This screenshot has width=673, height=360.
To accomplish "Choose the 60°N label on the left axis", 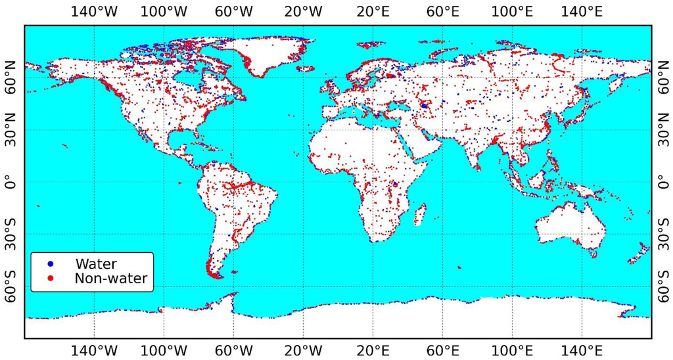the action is click(11, 78).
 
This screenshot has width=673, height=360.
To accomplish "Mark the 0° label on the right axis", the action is click(662, 182).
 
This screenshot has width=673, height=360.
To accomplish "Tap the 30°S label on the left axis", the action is click(11, 235).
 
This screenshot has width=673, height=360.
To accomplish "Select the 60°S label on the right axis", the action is click(662, 286).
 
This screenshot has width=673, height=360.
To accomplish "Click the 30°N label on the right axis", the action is click(662, 130).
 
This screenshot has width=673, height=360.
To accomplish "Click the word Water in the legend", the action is click(96, 264).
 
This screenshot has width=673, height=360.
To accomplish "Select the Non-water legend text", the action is click(110, 279).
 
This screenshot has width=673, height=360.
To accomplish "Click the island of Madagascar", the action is click(419, 215).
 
